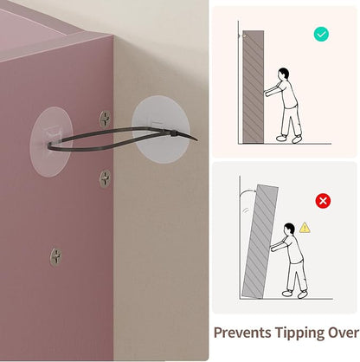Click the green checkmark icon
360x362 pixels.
click(321, 35)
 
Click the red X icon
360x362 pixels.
click(323, 201)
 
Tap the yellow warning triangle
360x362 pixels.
click(305, 228)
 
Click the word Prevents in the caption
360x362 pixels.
click(242, 333)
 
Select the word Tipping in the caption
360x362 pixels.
click(299, 333)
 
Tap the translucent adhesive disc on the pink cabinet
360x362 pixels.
click(50, 141)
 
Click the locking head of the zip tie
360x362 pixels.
click(174, 134)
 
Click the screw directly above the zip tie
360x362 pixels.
click(105, 119)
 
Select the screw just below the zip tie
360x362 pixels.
click(105, 178)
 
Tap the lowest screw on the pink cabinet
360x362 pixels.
click(55, 256)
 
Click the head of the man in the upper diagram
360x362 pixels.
click(284, 74)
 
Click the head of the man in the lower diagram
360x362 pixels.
click(289, 229)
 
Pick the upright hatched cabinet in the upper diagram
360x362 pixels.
click(254, 87)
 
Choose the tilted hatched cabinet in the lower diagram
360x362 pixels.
click(260, 242)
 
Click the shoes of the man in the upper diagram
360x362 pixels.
click(289, 139)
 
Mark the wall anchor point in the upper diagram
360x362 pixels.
click(244, 36)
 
